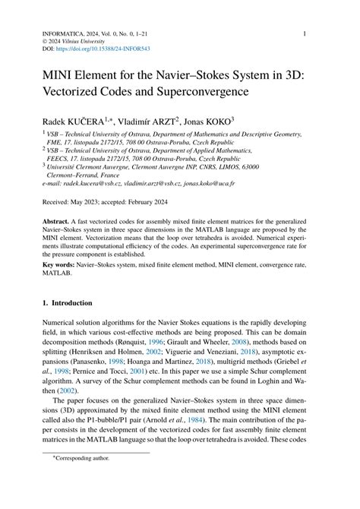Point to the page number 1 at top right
click(x=305, y=33)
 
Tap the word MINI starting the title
click(x=49, y=74)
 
